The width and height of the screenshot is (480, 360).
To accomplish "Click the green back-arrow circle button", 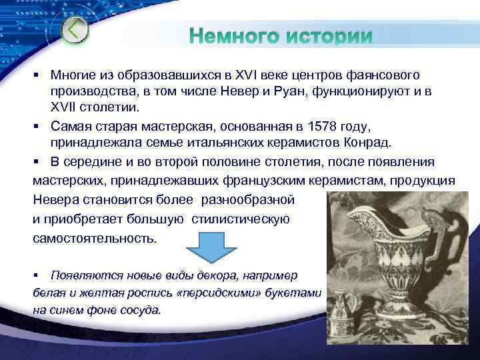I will click(x=75, y=30).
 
